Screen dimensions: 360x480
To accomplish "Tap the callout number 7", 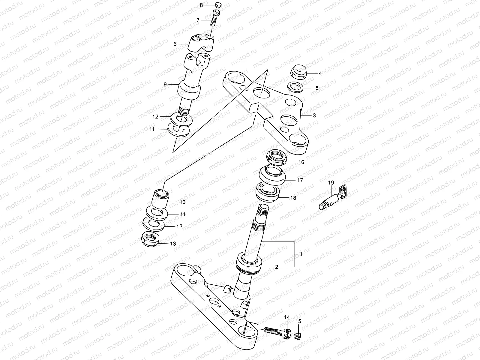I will point(198,20).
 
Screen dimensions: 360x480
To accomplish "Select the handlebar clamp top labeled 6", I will point(201,43).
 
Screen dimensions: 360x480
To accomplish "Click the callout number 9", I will point(165,85).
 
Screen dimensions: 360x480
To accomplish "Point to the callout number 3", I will point(314,115).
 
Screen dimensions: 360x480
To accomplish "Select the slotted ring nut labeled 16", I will point(276,157).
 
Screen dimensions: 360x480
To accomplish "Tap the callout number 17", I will point(300,180).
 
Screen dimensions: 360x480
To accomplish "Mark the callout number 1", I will point(301,254).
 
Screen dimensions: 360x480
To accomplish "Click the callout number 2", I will point(277,267).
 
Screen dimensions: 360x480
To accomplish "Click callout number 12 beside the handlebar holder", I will point(155,117).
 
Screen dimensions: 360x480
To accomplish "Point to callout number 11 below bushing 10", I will point(182,214).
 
